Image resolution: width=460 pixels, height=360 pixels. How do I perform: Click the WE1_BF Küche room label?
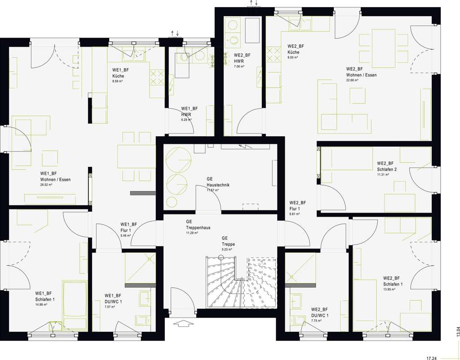tap(118, 73)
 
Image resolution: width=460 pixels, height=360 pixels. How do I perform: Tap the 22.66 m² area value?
tap(352, 80)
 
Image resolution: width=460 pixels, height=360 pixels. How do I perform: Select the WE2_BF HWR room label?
tap(242, 58)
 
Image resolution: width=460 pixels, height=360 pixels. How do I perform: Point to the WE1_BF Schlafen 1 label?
tap(45, 297)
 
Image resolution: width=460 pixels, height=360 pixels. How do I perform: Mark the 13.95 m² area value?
tap(389, 289)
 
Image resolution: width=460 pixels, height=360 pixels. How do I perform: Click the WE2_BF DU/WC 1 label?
tap(319, 312)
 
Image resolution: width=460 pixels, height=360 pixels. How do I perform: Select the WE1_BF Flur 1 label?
tap(128, 227)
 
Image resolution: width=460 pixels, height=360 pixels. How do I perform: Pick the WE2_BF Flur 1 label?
tap(297, 205)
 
